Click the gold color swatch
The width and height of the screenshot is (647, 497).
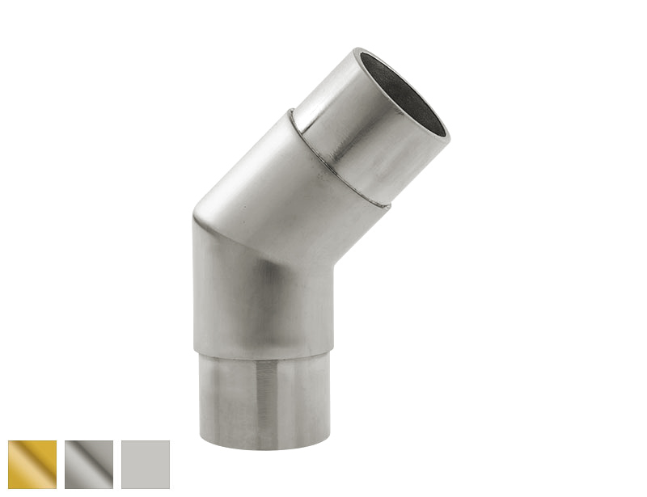[32, 465]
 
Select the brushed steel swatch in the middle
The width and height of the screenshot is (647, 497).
[89, 465]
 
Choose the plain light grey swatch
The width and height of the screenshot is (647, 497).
[146, 465]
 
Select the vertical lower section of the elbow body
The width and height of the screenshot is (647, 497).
[259, 299]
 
